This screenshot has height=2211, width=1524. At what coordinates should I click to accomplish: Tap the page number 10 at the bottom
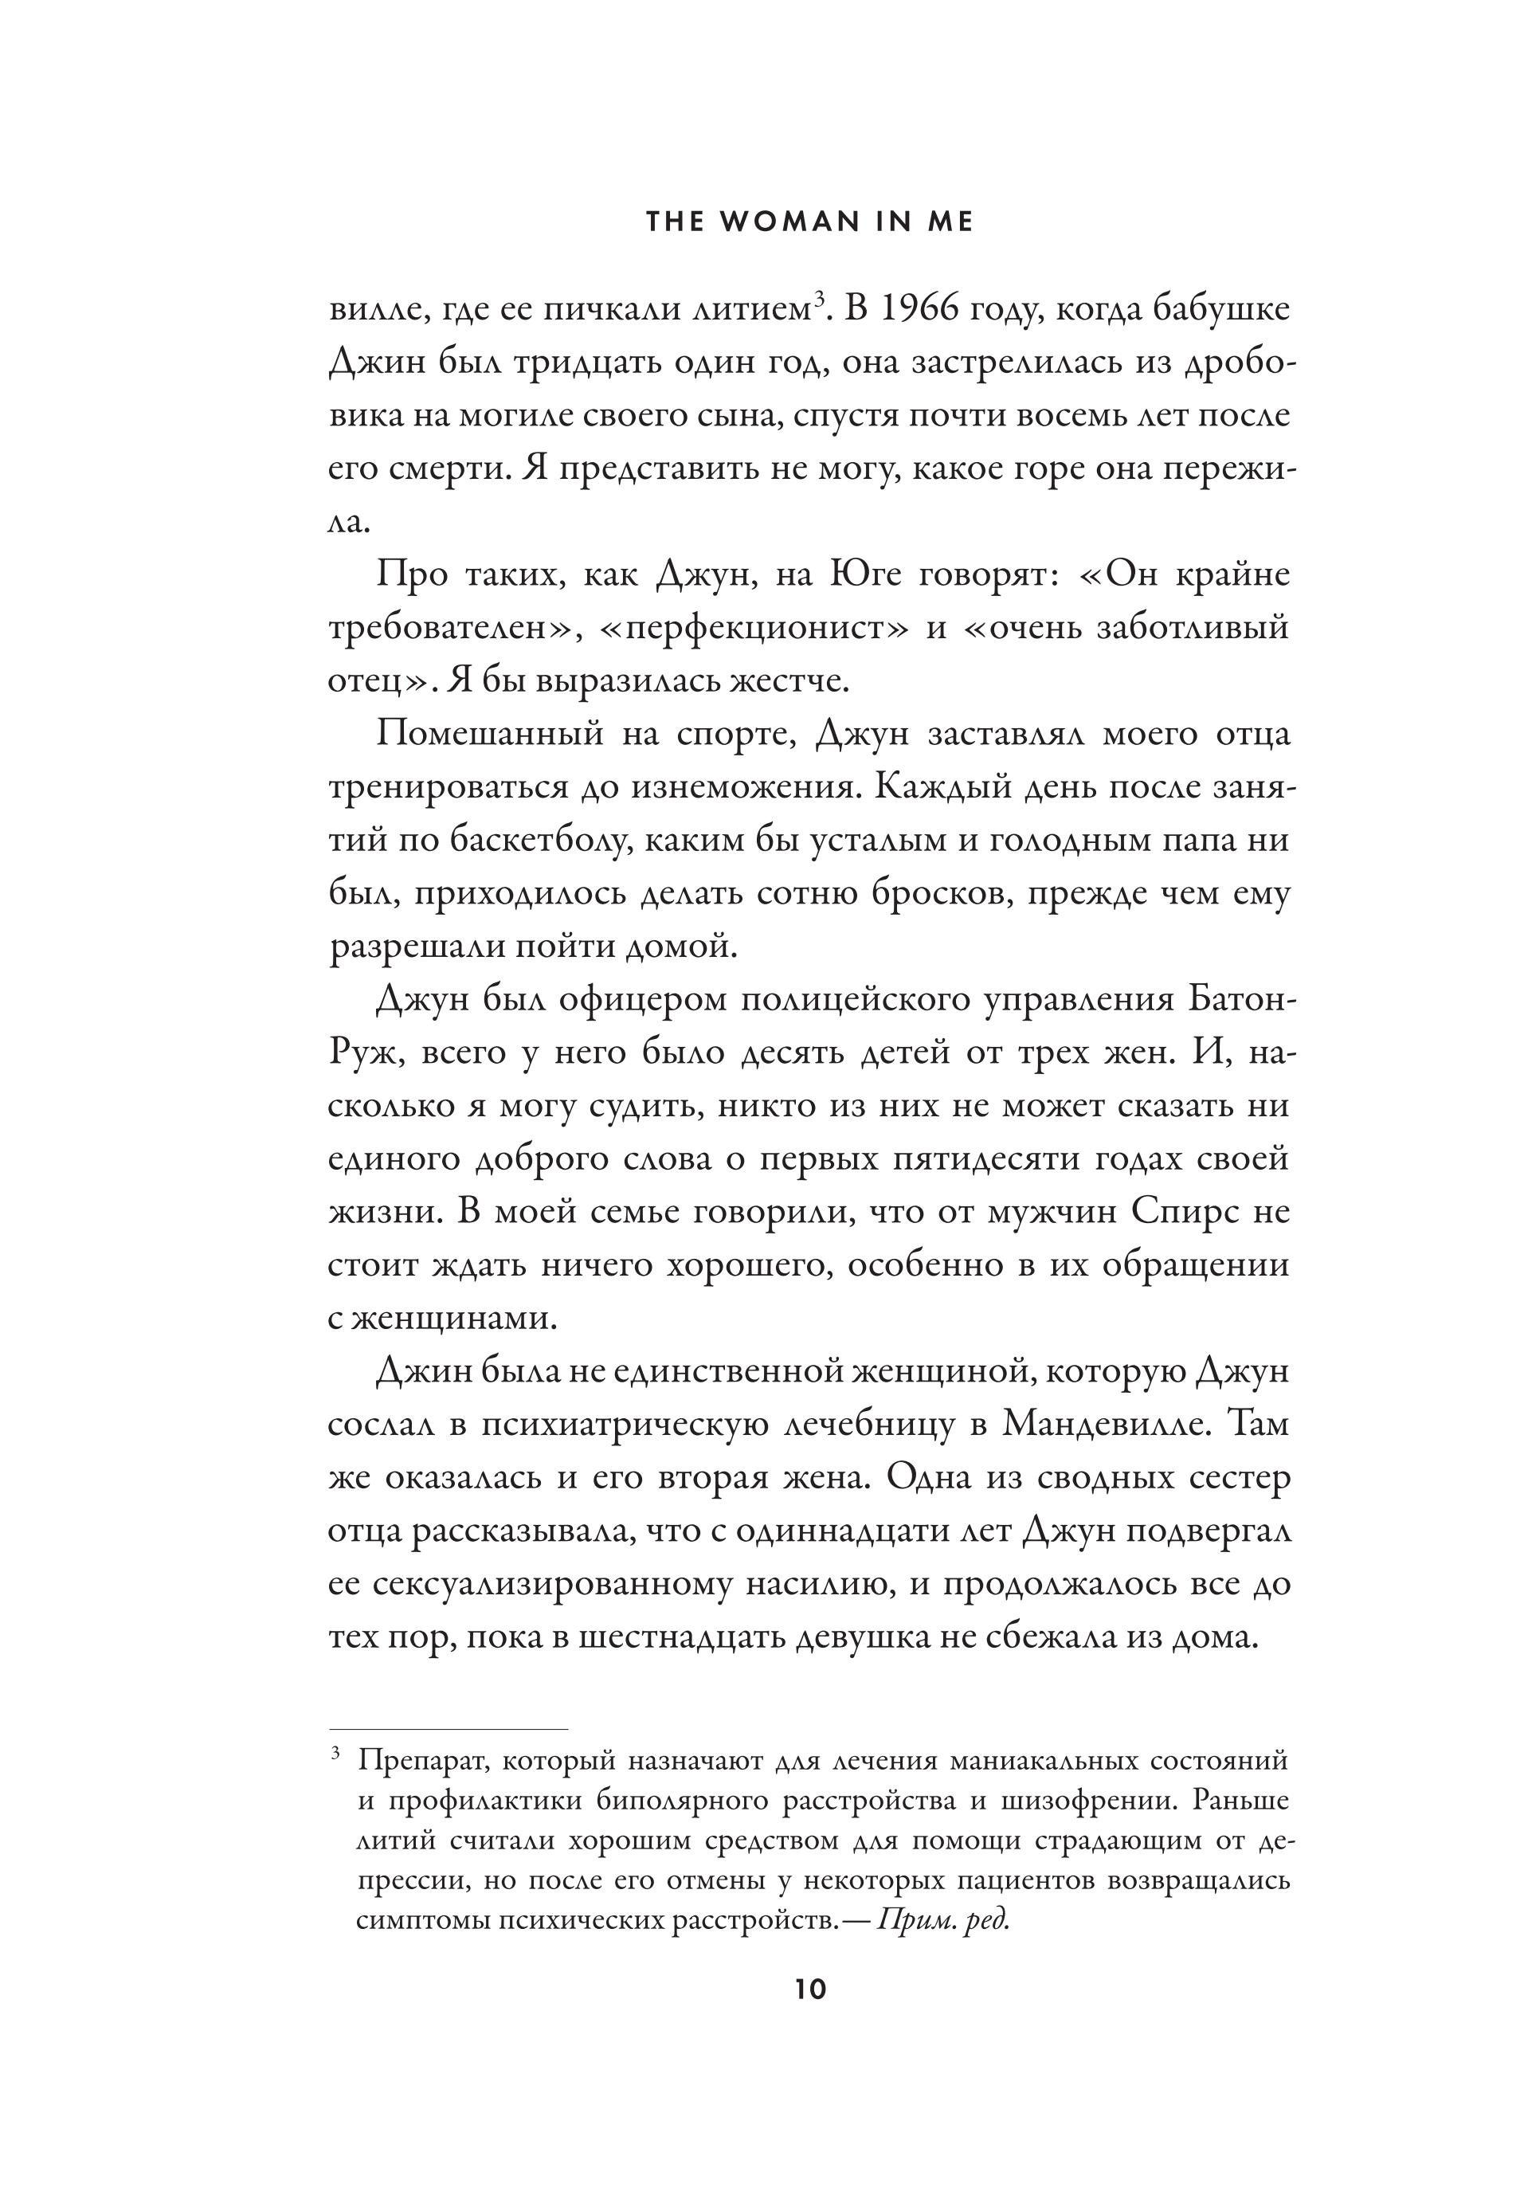point(809,1990)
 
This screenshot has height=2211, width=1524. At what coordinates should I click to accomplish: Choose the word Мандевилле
point(1099,1424)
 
